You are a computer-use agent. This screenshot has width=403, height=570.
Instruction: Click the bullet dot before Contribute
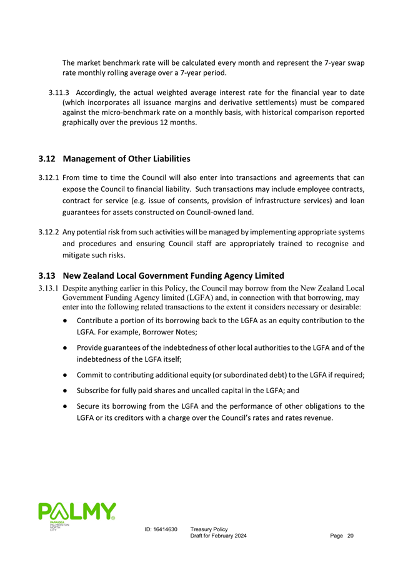pos(66,321)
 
